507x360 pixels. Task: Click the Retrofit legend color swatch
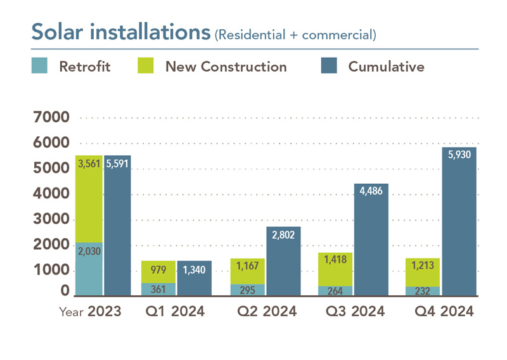[x=39, y=66]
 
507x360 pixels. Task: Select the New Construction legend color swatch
[x=145, y=66]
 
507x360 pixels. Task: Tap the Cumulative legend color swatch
[x=328, y=66]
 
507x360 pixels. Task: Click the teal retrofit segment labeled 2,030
[x=88, y=269]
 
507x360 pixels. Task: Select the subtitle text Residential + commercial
[x=296, y=34]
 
